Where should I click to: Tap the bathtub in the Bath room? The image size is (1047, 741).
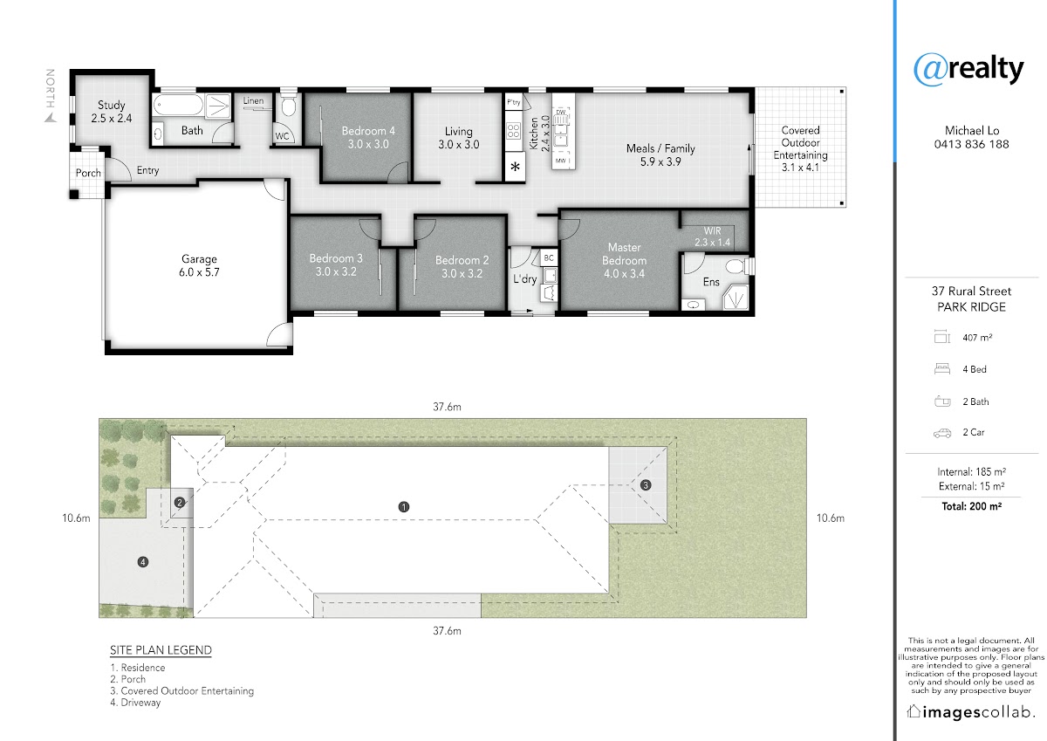(x=178, y=105)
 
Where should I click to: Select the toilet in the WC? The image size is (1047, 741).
(x=289, y=106)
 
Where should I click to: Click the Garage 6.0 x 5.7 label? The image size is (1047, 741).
(x=199, y=265)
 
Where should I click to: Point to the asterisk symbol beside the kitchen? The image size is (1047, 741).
(x=515, y=167)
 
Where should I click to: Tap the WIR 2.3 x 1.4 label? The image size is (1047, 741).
(x=712, y=237)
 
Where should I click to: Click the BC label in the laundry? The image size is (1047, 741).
(x=549, y=258)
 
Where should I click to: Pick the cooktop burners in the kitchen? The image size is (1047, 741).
(x=514, y=131)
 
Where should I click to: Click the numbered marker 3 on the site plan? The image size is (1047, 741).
(x=646, y=485)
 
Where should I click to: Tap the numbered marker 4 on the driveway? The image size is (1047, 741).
(x=143, y=562)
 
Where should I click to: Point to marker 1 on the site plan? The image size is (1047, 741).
(x=404, y=507)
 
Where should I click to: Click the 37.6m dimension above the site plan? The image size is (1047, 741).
(x=447, y=408)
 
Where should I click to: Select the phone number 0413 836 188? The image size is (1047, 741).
(x=971, y=145)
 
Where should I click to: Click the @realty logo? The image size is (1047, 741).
(x=968, y=70)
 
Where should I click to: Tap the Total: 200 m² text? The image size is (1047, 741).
(x=971, y=506)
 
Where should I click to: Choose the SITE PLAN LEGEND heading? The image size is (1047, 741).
(x=161, y=650)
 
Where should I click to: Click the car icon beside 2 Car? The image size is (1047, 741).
(x=941, y=434)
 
